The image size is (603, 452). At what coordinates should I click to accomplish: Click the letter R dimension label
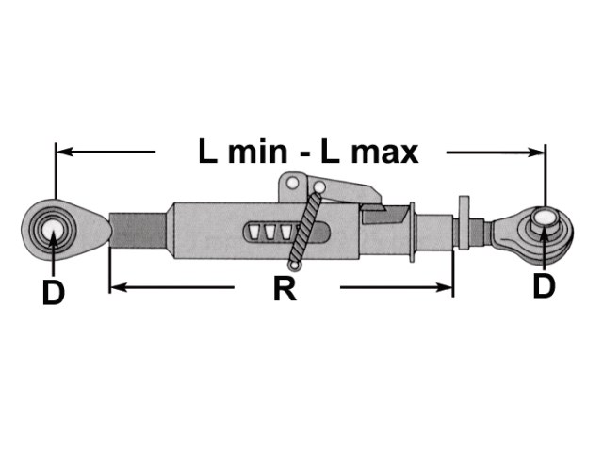285,289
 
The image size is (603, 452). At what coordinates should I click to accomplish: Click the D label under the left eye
53,292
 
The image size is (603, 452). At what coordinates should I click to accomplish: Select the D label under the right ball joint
545,286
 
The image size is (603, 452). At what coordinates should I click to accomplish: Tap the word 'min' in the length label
257,152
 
